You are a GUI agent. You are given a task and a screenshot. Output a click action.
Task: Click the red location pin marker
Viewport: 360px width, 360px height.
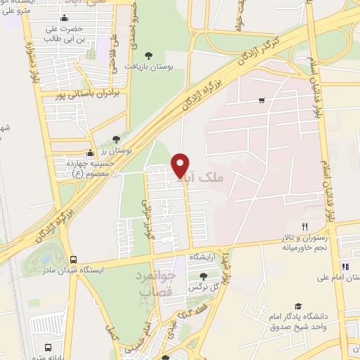[181, 165]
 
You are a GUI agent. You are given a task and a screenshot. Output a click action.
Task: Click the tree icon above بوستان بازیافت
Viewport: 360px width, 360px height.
[148, 55]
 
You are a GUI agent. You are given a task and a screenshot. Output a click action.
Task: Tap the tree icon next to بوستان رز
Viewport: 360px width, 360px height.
[116, 139]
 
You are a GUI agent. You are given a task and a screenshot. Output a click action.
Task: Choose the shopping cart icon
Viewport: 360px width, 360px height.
[262, 101]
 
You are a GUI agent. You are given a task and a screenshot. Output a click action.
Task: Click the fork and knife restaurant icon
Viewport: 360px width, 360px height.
[304, 226]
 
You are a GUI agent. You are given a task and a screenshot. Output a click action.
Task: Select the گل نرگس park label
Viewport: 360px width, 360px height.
[204, 288]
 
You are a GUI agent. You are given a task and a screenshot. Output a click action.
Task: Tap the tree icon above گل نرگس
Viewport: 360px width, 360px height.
[203, 277]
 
